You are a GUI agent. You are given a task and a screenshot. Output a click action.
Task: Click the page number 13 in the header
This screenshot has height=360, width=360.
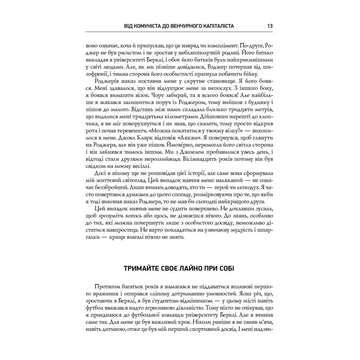click(x=270, y=26)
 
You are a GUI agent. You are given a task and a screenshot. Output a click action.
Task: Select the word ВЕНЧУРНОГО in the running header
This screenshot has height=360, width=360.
click(x=187, y=26)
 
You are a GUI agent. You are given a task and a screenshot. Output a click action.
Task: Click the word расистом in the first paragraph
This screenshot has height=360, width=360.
click(x=127, y=53)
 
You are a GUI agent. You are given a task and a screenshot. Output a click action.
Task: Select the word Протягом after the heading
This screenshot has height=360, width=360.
click(x=107, y=286)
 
